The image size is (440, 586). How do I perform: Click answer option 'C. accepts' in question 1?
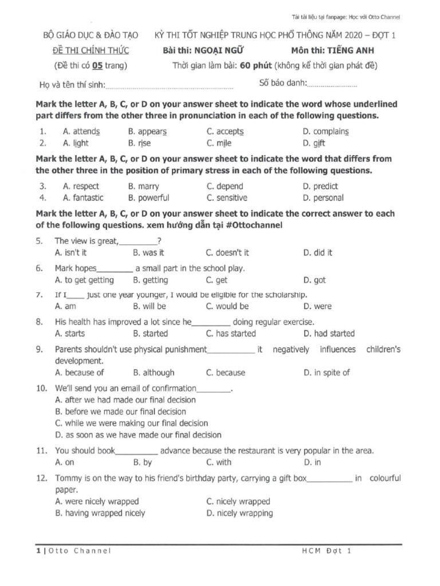coord(225,131)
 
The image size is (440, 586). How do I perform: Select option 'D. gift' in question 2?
coord(315,143)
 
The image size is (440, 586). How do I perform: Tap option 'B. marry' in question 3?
coord(144,186)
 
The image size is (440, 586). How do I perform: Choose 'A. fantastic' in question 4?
coord(83,198)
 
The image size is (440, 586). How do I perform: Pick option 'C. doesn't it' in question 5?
coord(227,252)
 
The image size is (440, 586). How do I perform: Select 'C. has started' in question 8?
coord(231,334)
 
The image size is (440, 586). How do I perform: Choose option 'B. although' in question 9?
coord(154,373)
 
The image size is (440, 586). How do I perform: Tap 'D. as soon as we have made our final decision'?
coord(138,435)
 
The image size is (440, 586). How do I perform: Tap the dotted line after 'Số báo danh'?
coord(332,85)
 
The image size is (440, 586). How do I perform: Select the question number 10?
coord(41,388)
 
